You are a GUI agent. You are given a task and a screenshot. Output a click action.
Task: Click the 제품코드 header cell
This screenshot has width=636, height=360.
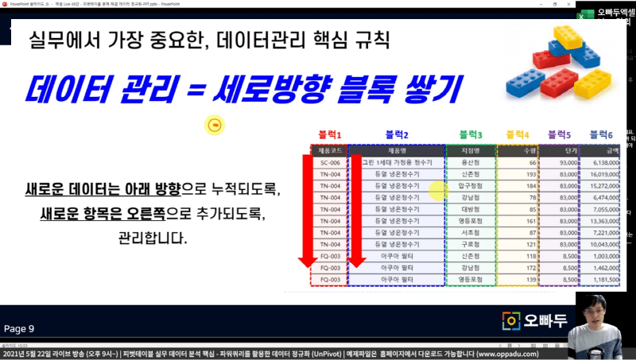[329, 149]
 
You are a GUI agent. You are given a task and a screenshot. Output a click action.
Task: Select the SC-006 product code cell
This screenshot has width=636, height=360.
[329, 162]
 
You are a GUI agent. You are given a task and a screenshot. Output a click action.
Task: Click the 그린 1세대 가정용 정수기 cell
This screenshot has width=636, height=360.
[397, 162]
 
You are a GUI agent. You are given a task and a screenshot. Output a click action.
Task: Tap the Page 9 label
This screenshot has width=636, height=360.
[20, 328]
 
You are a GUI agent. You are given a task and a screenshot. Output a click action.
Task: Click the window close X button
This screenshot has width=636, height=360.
[626, 4]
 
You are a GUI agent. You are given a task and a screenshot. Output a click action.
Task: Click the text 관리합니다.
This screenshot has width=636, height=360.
[153, 238]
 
